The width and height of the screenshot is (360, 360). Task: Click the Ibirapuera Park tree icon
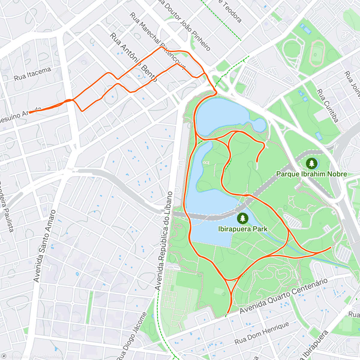click(x=242, y=218)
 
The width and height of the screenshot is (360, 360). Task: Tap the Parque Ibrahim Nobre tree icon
click(x=312, y=163)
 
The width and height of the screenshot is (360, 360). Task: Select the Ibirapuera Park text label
click(x=243, y=229)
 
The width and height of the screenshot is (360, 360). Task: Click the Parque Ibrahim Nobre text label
click(x=311, y=174)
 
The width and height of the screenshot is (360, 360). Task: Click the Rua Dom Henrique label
click(x=262, y=333)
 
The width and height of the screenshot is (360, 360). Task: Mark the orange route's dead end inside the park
click(x=257, y=162)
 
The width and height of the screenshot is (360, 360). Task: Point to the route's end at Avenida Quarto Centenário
click(x=227, y=314)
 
